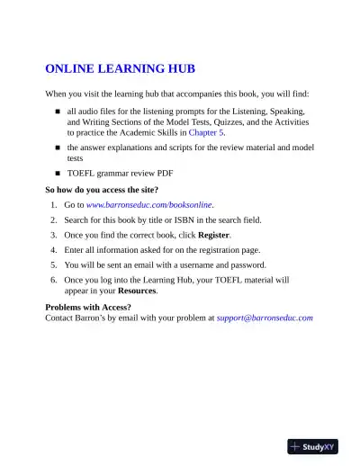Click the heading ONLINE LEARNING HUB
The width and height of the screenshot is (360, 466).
[x=120, y=69]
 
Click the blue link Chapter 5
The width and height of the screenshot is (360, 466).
[x=206, y=131]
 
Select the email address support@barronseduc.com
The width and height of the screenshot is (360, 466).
[x=265, y=318]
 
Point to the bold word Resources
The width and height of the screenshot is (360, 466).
[x=138, y=291]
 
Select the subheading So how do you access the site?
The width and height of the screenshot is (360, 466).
[x=102, y=190]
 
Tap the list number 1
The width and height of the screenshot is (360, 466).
[x=54, y=205]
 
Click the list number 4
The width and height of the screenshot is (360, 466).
[x=54, y=248]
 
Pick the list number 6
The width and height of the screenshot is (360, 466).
[x=54, y=280]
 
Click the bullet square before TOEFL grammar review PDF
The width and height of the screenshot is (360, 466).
[x=57, y=172]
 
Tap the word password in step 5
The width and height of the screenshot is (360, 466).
[x=247, y=264]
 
